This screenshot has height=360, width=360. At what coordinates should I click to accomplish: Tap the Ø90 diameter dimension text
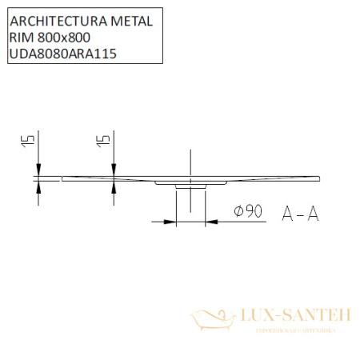(x=248, y=211)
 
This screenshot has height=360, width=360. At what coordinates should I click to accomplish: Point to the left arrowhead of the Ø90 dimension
(x=170, y=222)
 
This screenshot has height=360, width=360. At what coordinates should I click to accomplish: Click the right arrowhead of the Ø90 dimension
(x=210, y=222)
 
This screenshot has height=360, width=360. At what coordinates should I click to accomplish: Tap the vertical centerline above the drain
(x=190, y=160)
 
